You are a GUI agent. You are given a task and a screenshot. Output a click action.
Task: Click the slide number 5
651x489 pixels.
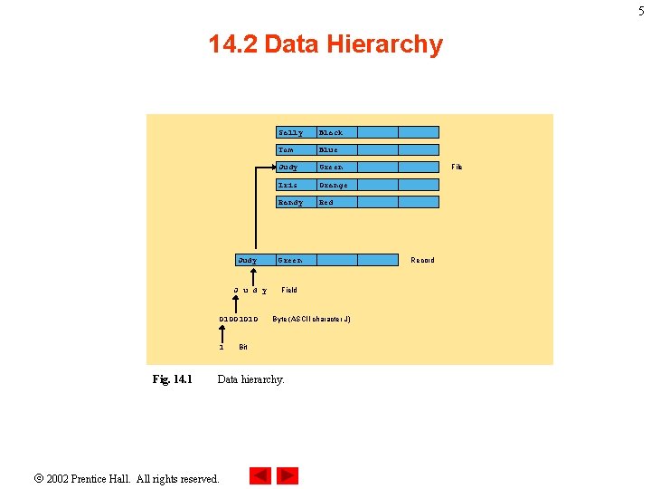[641, 10]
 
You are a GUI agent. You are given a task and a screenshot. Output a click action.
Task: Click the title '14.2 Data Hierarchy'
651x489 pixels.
[325, 44]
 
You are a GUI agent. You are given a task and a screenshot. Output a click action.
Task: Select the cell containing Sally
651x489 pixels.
[296, 132]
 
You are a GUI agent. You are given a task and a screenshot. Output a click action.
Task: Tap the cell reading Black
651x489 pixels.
[337, 132]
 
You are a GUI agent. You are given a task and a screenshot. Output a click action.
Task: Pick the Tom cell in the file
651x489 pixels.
[296, 149]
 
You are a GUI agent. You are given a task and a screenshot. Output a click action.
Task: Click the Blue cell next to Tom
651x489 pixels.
[337, 149]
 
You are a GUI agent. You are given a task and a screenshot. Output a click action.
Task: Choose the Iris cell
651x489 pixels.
[296, 185]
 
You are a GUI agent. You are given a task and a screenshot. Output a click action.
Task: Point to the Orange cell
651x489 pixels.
[337, 185]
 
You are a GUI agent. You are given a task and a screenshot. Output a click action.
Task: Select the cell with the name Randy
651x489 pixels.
[296, 202]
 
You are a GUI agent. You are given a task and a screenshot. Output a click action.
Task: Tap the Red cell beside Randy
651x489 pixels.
[337, 202]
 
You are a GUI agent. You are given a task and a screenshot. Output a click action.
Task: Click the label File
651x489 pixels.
[457, 167]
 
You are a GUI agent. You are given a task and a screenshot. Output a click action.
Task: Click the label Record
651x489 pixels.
[422, 260]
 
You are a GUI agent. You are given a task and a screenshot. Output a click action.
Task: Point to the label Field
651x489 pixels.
[289, 290]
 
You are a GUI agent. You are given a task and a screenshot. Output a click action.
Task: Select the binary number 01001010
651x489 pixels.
[239, 319]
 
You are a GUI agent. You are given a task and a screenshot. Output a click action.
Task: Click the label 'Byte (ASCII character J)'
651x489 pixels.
[311, 319]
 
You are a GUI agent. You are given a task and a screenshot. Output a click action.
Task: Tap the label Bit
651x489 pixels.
[243, 347]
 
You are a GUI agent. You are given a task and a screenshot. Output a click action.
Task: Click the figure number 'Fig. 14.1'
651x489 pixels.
[173, 379]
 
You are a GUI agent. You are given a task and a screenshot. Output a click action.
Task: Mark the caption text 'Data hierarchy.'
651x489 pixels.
[251, 379]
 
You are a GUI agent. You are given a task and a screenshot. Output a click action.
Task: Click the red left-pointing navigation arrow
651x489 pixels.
[260, 475]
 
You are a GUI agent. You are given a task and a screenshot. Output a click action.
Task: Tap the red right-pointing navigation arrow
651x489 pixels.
[288, 475]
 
